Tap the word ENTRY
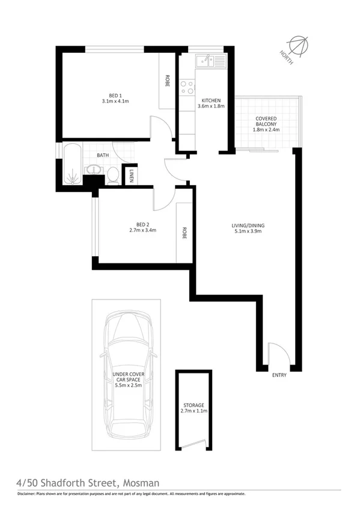[x=279, y=375]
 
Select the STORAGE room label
[x=194, y=408]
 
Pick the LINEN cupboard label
[x=132, y=175]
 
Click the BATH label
[x=103, y=155]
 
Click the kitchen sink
[x=207, y=60]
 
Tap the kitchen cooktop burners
[x=187, y=87]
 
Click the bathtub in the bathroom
[x=72, y=165]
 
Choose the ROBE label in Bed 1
[x=168, y=81]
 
